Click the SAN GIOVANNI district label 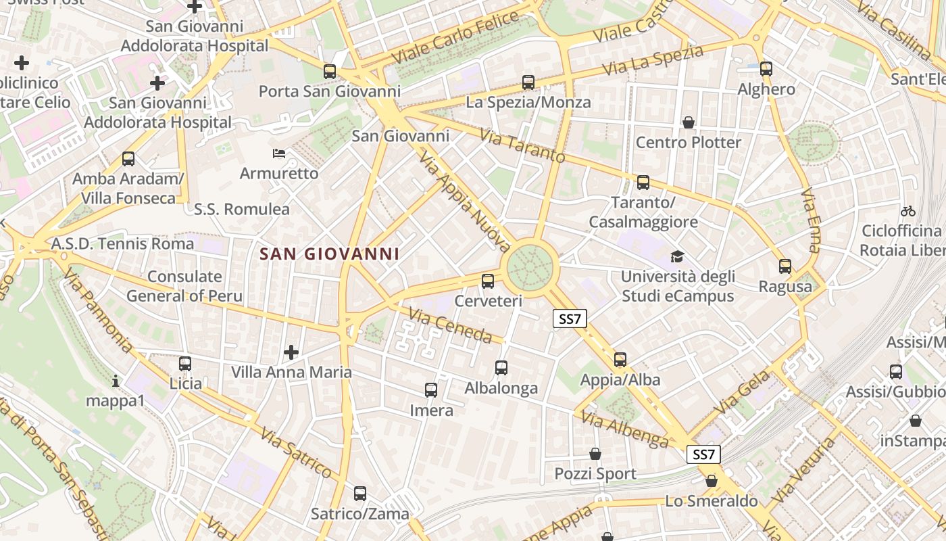click(329, 254)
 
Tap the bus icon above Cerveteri click(488, 281)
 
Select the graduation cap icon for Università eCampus click(676, 256)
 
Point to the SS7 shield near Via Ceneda click(570, 319)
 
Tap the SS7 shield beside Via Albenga click(703, 454)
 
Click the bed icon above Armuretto click(278, 154)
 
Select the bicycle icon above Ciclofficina click(908, 211)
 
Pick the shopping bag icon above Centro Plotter click(688, 122)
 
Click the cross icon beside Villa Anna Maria click(291, 352)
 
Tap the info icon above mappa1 click(116, 381)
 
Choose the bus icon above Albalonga click(501, 368)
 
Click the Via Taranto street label click(522, 145)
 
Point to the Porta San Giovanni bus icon click(329, 71)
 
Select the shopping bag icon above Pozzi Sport click(595, 454)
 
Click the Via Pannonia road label click(99, 310)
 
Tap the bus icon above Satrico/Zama click(360, 494)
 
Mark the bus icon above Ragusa click(785, 266)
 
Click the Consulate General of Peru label click(184, 286)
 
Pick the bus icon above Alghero click(766, 69)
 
